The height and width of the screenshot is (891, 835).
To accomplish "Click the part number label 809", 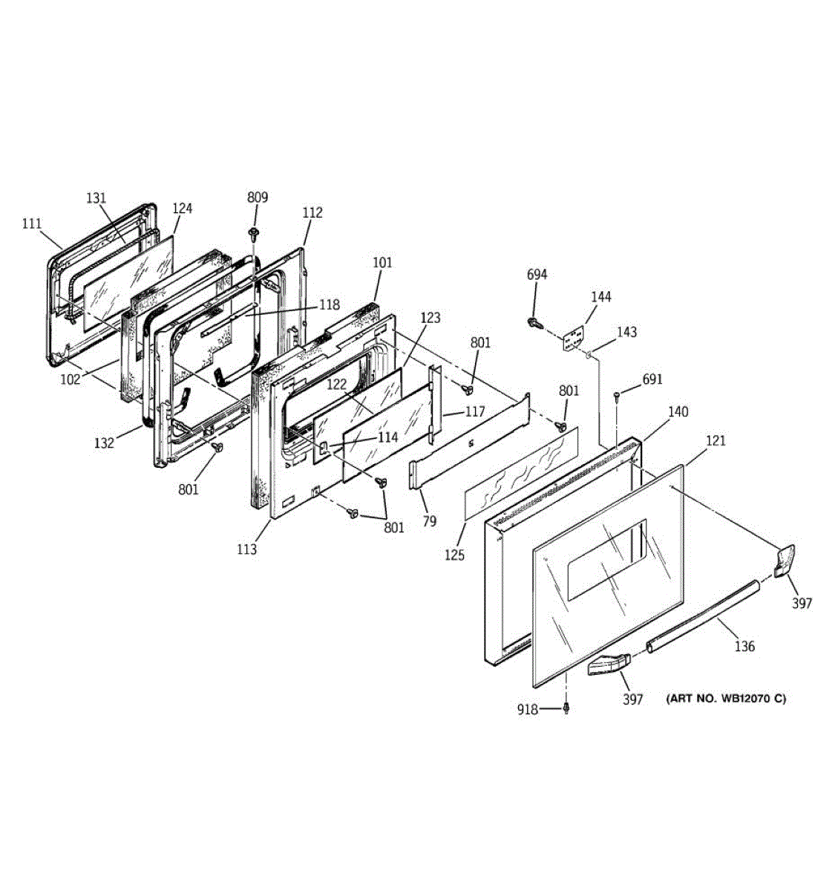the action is [258, 198].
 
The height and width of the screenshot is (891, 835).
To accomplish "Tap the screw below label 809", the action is [255, 235].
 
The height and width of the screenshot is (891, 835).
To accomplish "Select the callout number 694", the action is [537, 275].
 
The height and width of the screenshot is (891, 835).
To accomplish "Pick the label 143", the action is [626, 332].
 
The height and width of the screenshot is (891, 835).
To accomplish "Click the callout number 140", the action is [678, 412].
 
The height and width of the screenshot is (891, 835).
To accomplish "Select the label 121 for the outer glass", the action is [716, 440].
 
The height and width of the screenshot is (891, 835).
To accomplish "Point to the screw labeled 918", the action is [566, 708].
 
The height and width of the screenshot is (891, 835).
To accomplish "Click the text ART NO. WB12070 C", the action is [725, 698].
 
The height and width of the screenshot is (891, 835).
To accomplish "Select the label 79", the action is [429, 521].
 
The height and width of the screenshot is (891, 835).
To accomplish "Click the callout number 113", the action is [247, 549].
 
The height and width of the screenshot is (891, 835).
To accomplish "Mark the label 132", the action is [104, 443].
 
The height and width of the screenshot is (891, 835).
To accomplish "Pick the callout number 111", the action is [32, 223].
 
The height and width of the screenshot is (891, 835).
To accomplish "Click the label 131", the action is [96, 198].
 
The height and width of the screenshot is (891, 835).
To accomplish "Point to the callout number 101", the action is [382, 262].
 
